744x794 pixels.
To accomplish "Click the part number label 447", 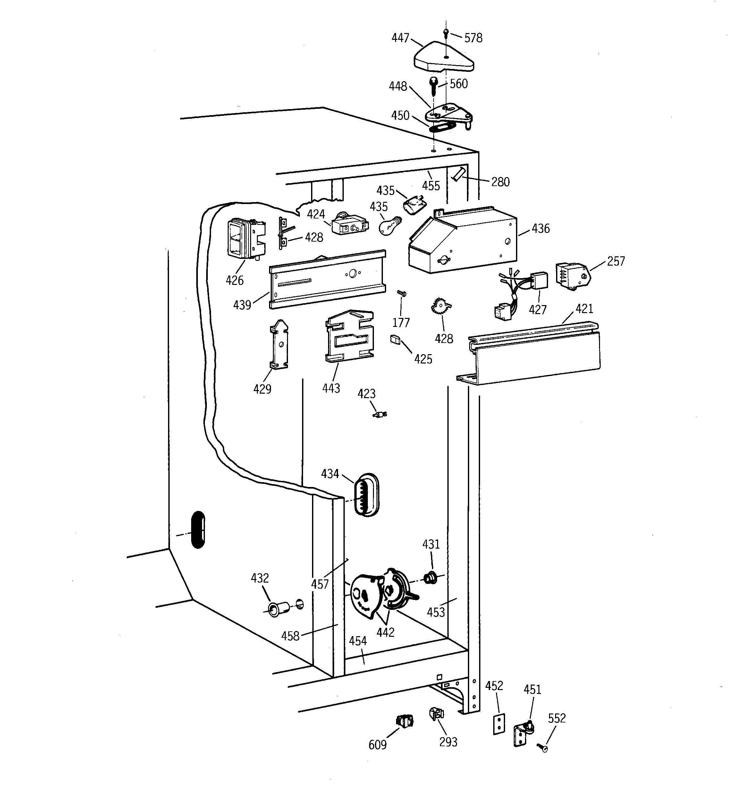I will [x=400, y=38].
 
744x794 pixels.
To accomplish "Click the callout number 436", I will [x=540, y=228].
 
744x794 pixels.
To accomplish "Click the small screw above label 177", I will [x=402, y=294].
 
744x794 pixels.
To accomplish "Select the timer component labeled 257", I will [x=571, y=275].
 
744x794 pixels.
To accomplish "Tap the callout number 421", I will [x=584, y=308].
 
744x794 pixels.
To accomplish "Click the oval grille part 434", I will [x=366, y=495].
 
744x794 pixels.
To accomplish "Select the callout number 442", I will [x=385, y=632].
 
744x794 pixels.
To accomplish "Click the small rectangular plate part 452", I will [x=499, y=724].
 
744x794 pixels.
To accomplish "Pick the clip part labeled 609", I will [x=404, y=721].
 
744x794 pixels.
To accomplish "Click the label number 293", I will [x=448, y=742].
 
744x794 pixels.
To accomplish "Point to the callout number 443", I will [x=331, y=388].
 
